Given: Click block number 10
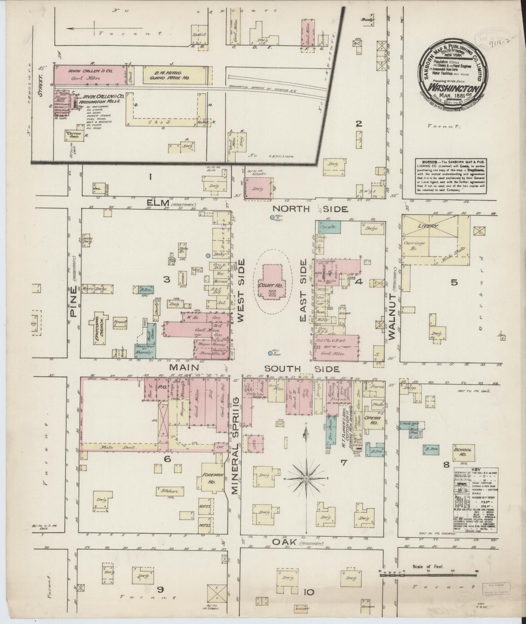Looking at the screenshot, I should point(308,592).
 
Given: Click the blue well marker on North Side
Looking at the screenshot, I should point(272,217).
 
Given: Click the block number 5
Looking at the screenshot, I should point(454,282).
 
